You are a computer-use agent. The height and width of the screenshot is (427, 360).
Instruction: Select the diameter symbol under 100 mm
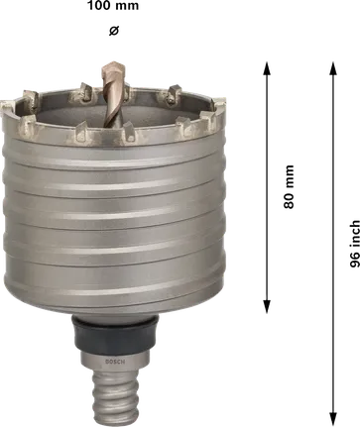pyautogui.click(x=110, y=31)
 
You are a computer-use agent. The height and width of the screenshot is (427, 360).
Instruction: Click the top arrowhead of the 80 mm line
pyautogui.click(x=266, y=68)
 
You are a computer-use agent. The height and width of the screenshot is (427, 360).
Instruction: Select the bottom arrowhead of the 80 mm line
pyautogui.click(x=266, y=308)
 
